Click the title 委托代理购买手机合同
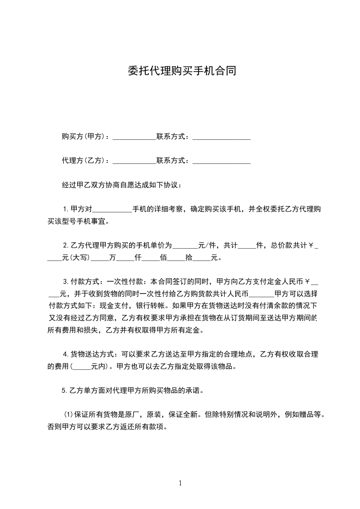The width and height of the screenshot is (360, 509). click(x=181, y=71)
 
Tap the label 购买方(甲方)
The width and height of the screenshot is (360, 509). click(x=84, y=136)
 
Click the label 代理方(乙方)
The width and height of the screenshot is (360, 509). click(x=84, y=160)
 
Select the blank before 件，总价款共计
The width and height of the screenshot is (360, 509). click(x=247, y=247)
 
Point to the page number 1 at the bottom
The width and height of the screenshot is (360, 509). click(x=180, y=483)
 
